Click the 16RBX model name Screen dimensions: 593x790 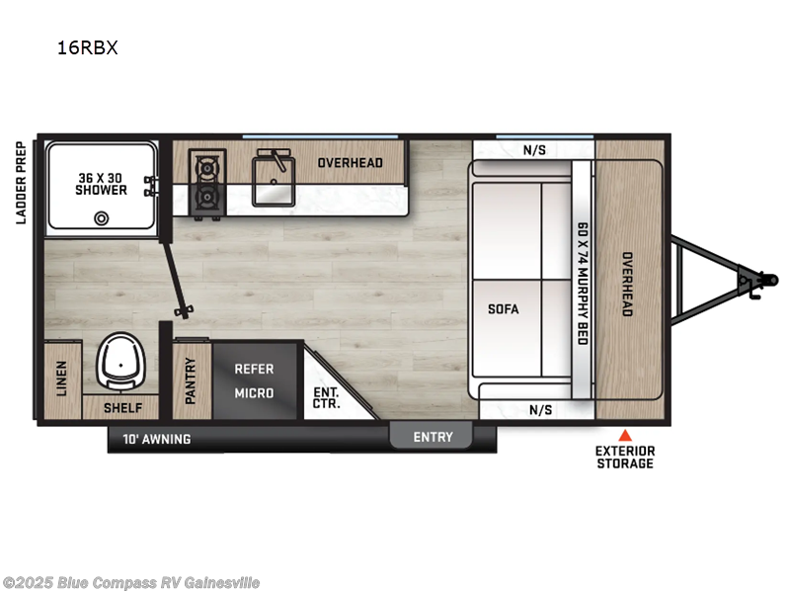click(87, 47)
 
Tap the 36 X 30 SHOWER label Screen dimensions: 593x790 click(103, 184)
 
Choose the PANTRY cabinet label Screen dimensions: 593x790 click(192, 381)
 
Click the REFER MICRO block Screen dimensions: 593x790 click(254, 381)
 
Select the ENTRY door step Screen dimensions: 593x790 click(433, 437)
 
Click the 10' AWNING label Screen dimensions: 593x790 click(158, 438)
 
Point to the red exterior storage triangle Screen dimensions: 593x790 click(624, 434)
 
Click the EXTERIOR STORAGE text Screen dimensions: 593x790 click(624, 457)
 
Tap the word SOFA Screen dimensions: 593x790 click(503, 308)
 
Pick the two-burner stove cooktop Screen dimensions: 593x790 click(207, 184)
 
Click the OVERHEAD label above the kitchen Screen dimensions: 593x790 click(350, 163)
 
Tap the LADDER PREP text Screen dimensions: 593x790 click(21, 181)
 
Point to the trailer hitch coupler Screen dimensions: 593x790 click(755, 282)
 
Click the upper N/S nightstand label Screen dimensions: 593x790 click(533, 150)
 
